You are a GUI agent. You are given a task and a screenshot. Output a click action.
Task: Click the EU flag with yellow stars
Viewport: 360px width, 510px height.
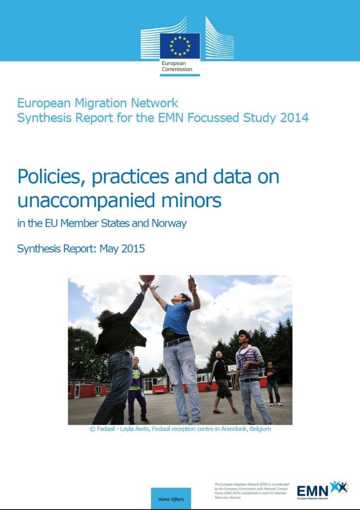click(180, 46)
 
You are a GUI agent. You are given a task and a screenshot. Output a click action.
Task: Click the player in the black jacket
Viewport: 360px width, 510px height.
click(119, 349)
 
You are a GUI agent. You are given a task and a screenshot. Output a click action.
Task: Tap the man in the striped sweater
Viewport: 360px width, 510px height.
click(250, 371)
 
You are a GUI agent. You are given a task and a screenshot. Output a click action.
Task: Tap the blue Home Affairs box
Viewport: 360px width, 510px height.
click(171, 499)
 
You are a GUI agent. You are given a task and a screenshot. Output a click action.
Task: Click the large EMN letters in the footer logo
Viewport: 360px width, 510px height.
click(312, 490)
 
